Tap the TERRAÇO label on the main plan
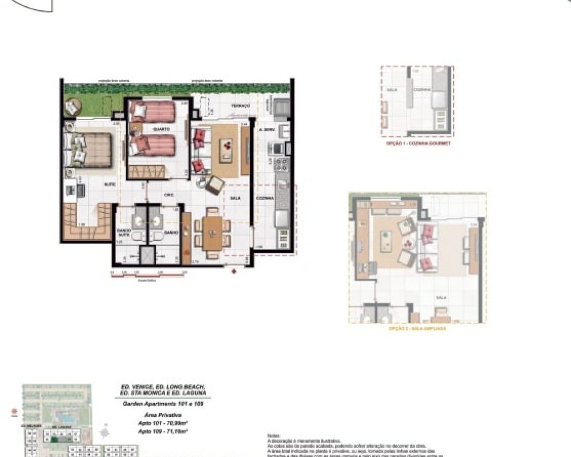click(240, 106)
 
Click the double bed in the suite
click(90, 150)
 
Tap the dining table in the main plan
click(211, 232)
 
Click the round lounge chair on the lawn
click(73, 107)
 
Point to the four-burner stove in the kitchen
click(282, 166)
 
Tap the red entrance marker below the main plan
click(233, 271)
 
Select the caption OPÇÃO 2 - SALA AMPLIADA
click(417, 329)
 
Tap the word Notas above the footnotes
click(274, 436)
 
